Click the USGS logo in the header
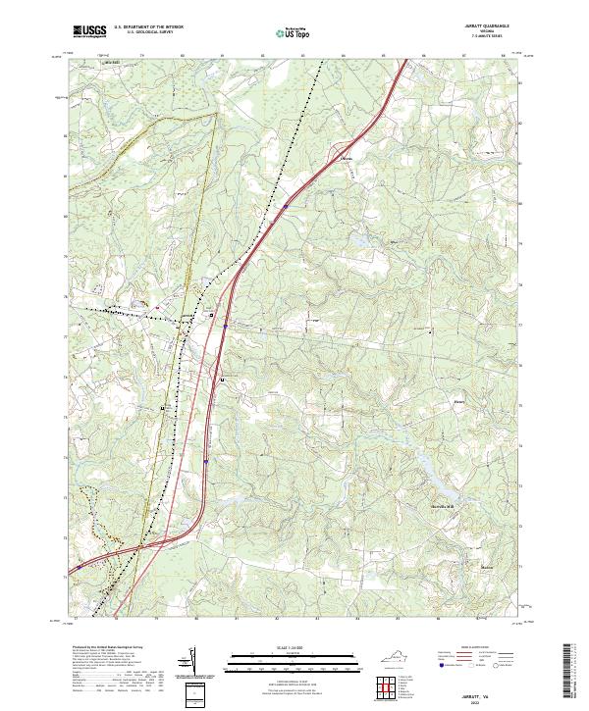[x=89, y=31]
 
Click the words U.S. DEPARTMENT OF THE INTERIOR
[x=148, y=26]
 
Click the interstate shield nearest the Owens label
[x=285, y=207]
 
